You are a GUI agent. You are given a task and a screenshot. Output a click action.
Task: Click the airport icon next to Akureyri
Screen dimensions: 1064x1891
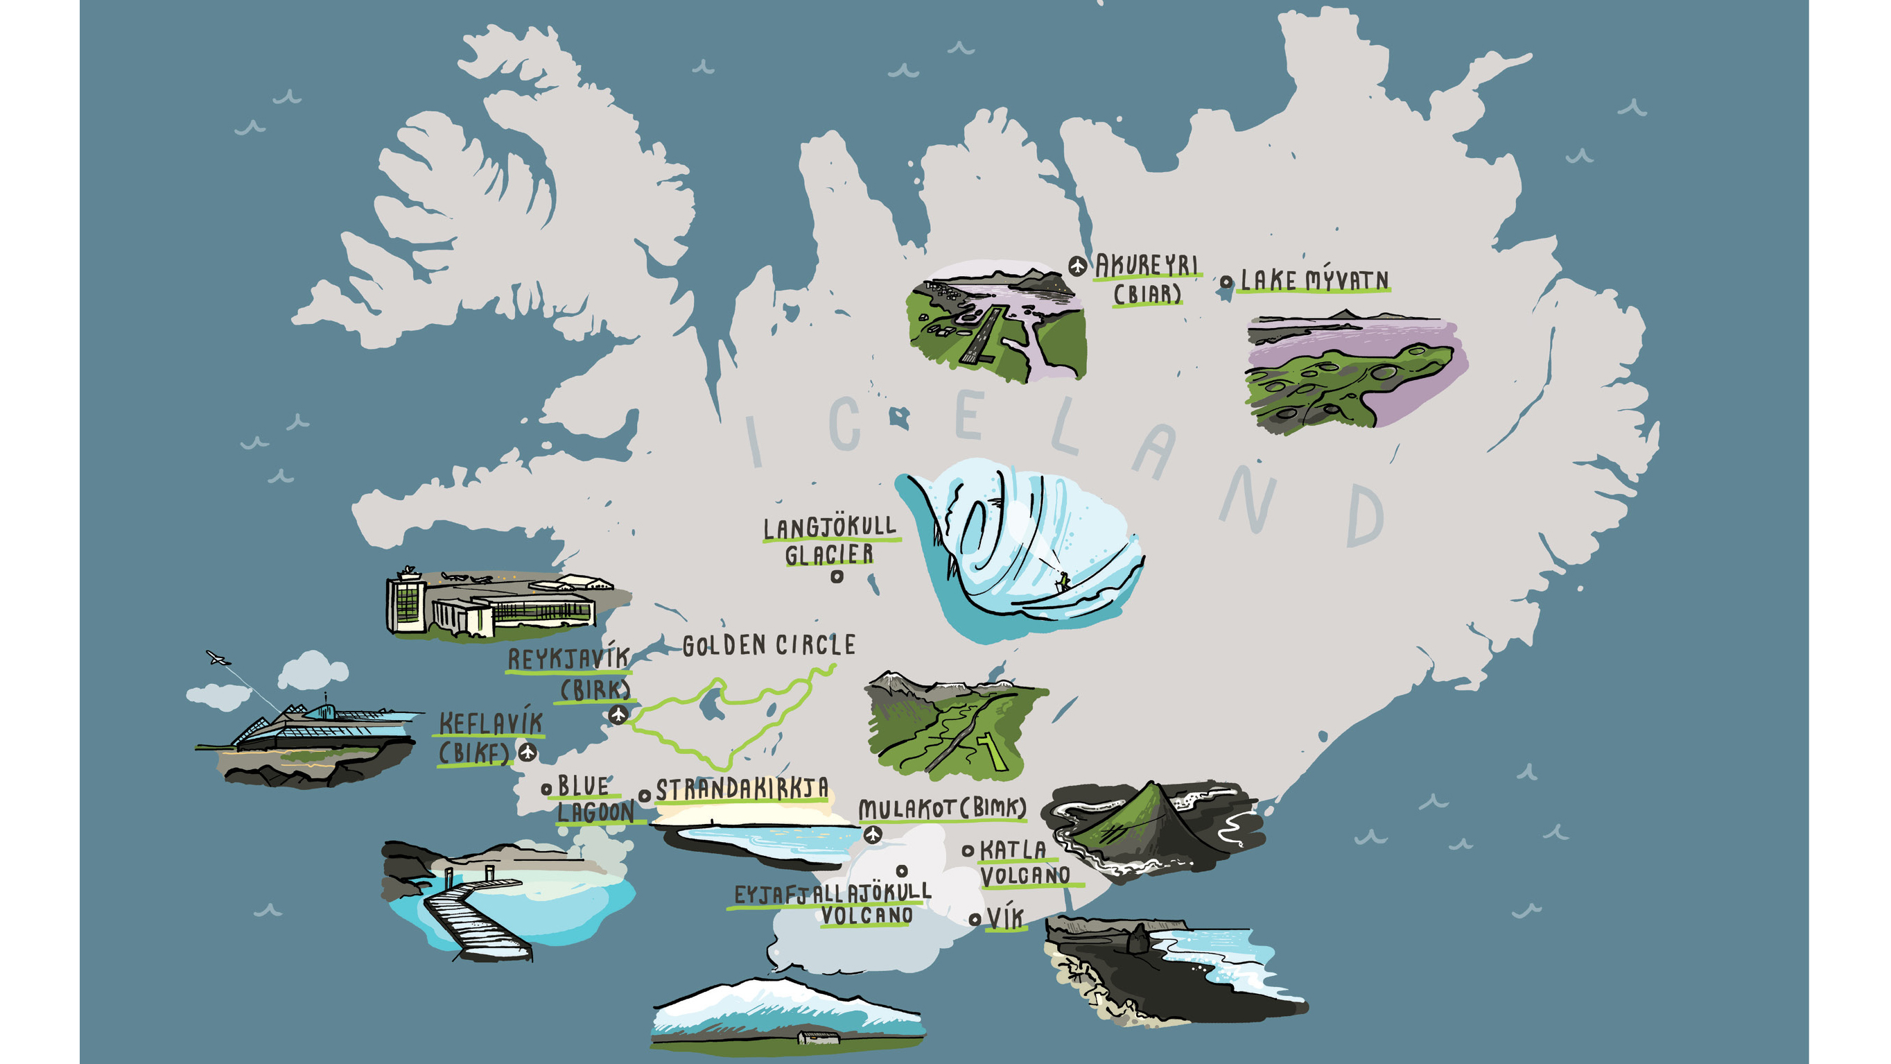click(x=1077, y=265)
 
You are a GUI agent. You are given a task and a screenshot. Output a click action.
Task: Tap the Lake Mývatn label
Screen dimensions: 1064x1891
click(x=1314, y=280)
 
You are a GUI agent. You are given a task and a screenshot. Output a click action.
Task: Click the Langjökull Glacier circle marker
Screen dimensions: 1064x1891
click(x=836, y=577)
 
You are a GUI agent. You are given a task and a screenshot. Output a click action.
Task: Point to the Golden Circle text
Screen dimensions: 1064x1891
click(x=769, y=646)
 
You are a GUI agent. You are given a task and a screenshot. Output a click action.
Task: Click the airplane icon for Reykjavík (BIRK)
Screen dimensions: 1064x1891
click(x=618, y=714)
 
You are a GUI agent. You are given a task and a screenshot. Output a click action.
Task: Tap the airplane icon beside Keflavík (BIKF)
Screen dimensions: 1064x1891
click(x=527, y=752)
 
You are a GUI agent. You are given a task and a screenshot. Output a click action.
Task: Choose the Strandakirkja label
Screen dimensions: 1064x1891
click(x=742, y=790)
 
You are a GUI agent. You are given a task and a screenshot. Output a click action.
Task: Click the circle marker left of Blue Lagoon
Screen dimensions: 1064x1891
click(x=546, y=789)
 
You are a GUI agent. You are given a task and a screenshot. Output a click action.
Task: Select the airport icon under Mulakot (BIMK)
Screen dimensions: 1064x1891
click(x=872, y=834)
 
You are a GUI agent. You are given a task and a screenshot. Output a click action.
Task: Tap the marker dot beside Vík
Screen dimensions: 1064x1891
click(x=975, y=919)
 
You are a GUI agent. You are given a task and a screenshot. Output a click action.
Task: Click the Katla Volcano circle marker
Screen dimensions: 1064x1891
click(x=968, y=851)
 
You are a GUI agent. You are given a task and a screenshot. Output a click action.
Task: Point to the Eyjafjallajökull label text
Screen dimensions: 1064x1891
click(x=833, y=893)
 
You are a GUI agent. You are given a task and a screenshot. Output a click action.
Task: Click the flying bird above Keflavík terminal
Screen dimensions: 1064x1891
click(x=216, y=658)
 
